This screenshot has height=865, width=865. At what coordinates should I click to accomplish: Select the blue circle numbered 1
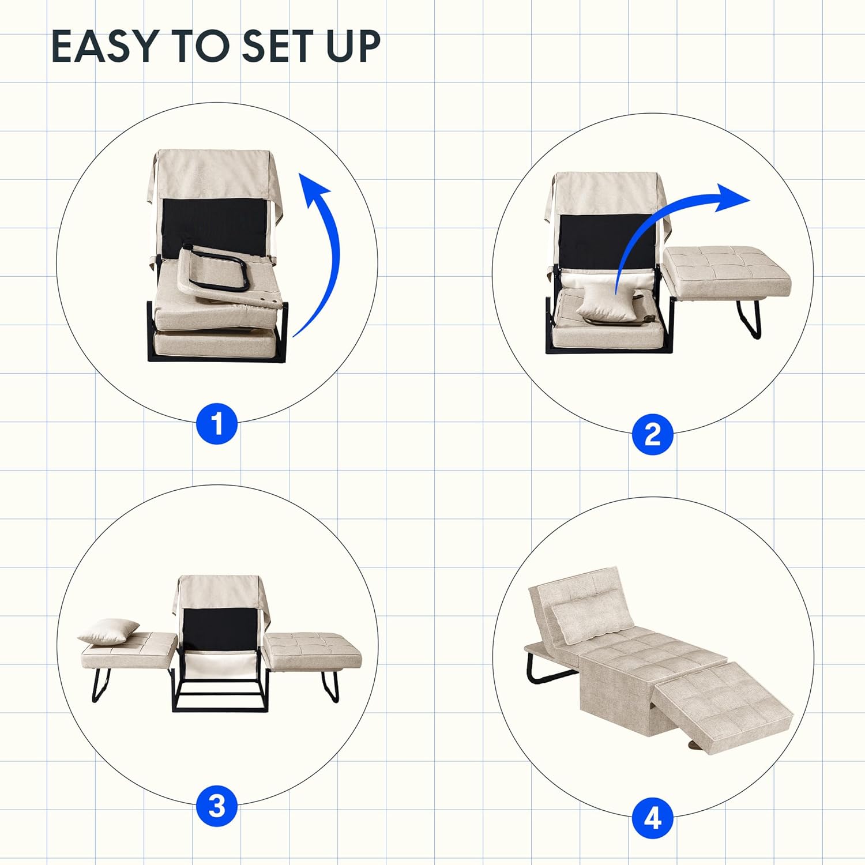point(217,424)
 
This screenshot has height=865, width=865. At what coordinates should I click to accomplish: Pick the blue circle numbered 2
point(652,434)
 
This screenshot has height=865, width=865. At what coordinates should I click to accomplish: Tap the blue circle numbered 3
point(217,806)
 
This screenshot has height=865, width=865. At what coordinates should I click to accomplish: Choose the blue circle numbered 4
point(652,818)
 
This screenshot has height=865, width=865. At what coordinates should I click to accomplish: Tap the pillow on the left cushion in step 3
point(109,631)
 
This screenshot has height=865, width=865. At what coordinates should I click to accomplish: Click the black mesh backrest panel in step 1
point(213,225)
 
